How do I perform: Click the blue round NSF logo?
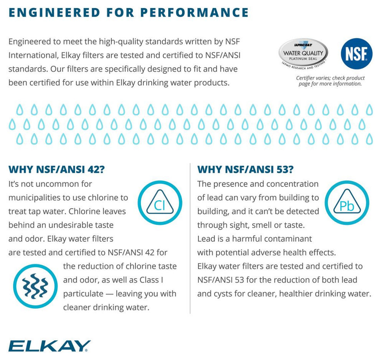click(x=357, y=54)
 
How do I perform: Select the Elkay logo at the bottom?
click(x=50, y=345)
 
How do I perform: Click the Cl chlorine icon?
click(x=159, y=203)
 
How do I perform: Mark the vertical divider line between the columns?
click(x=190, y=238)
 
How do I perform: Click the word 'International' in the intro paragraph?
click(x=33, y=55)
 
